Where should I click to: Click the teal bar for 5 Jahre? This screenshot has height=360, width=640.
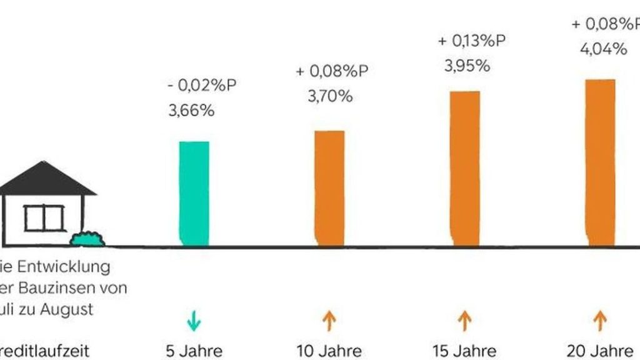point(194,194)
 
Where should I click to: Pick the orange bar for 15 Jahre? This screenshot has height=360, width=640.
point(464,169)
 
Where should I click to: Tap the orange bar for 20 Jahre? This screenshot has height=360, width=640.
point(600,163)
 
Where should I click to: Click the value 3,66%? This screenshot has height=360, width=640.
point(191,111)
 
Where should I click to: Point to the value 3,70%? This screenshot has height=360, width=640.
point(329,97)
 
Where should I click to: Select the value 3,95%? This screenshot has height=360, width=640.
point(467,66)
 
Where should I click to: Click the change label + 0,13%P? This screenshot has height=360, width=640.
point(471,41)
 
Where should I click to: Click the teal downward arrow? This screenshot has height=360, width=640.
point(194,321)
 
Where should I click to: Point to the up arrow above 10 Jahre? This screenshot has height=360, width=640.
point(329,321)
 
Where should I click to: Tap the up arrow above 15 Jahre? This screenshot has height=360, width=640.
point(464,321)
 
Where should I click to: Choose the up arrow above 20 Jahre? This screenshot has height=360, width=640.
point(599,321)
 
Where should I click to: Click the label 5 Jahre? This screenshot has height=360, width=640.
point(194,350)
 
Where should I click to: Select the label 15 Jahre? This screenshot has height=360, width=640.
point(464,350)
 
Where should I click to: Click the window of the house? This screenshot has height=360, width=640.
point(44,218)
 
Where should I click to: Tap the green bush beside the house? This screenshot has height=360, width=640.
point(87,239)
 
